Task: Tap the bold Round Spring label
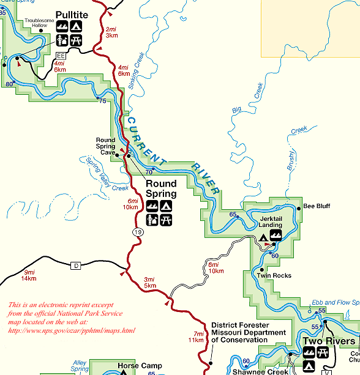(161, 188)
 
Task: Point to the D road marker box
(76, 265)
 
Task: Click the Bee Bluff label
(317, 206)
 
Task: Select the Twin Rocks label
(274, 276)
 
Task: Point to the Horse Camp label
(140, 366)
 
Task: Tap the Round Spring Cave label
(105, 147)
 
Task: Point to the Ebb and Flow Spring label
(335, 302)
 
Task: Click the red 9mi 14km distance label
(29, 275)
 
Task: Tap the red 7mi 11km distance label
(195, 336)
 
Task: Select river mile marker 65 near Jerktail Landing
(233, 214)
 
